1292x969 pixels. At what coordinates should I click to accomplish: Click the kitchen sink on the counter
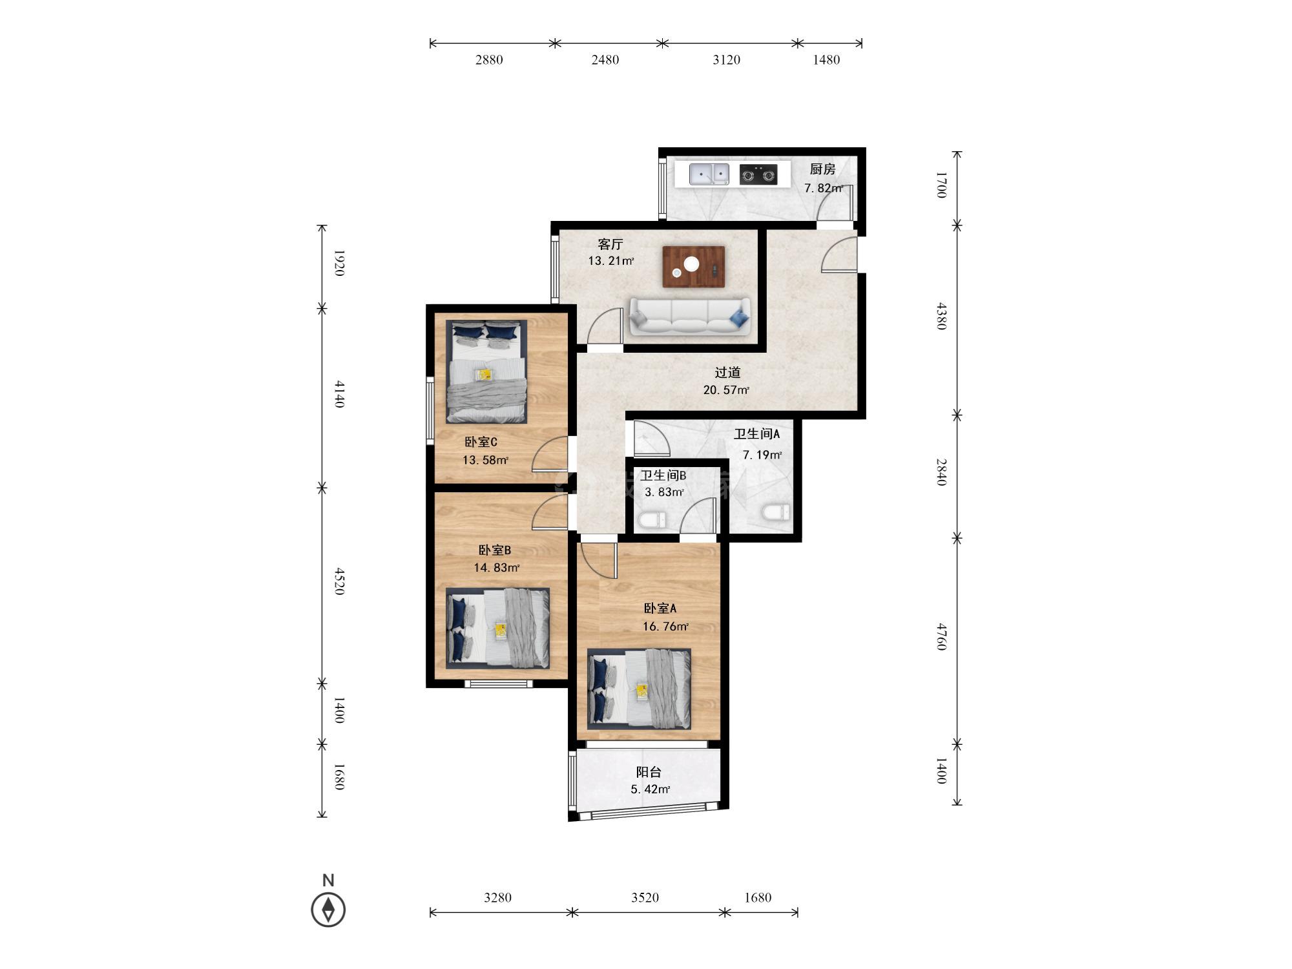tap(709, 174)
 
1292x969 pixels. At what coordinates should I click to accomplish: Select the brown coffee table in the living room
tap(693, 267)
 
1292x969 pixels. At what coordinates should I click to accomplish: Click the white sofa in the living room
tap(690, 317)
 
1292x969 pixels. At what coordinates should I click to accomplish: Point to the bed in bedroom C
tap(487, 371)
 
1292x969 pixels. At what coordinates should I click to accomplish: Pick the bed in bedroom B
tap(498, 629)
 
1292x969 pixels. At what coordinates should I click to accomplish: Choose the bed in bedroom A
tap(639, 689)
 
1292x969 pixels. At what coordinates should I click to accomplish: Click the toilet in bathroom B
tap(652, 519)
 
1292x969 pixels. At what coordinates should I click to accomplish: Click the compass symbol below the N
tap(328, 910)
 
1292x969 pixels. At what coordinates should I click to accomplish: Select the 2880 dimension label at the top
tap(489, 60)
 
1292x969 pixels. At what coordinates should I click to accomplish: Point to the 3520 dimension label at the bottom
tap(645, 897)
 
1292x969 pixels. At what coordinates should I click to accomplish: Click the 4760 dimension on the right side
tap(942, 636)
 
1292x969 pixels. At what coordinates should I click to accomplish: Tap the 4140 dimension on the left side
tap(339, 394)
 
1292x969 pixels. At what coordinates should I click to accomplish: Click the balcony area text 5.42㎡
tap(650, 789)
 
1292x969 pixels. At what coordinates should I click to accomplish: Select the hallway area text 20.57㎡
tap(726, 390)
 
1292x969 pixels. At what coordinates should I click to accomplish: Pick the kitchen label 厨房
tap(822, 169)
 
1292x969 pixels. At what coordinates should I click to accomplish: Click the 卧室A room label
tap(660, 609)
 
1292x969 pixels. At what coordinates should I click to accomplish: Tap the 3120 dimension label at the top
tap(726, 60)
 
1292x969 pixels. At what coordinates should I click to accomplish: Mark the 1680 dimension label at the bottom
tap(758, 897)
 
